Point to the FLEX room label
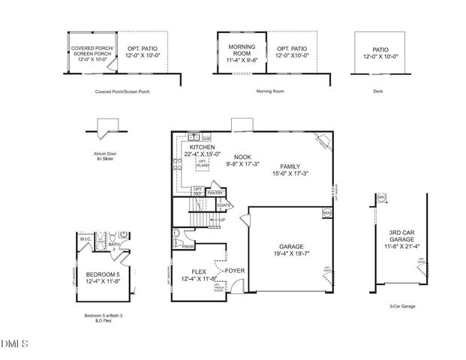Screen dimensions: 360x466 tap(199, 271)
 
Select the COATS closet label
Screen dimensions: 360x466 tap(223, 204)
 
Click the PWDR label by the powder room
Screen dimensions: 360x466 tap(188, 245)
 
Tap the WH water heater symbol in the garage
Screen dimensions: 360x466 tap(326, 213)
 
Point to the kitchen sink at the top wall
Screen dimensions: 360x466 tap(194, 137)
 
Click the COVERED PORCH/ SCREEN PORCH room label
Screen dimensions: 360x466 tap(92, 50)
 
